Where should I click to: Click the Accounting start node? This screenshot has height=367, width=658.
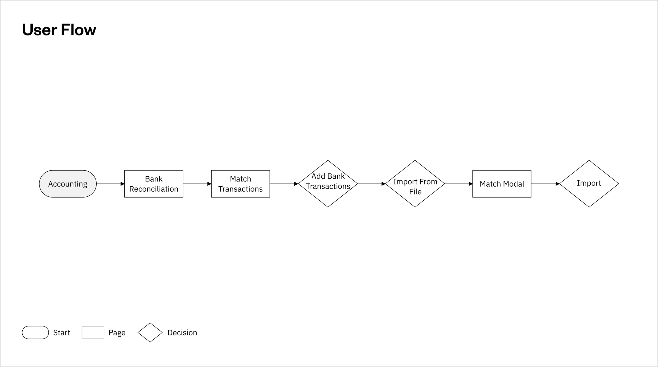point(68,184)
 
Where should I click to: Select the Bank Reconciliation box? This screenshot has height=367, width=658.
point(154,184)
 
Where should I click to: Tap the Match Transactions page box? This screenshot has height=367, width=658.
point(240,184)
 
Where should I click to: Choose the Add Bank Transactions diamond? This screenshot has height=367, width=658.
point(328,184)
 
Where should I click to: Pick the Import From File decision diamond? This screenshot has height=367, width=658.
point(415,184)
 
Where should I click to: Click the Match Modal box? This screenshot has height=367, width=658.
point(502,184)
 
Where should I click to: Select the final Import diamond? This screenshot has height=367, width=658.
point(589,184)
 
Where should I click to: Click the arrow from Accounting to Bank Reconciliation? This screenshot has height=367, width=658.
point(110,184)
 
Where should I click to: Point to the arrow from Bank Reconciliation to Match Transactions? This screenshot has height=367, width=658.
point(197,184)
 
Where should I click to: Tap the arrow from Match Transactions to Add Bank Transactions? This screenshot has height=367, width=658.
point(284,184)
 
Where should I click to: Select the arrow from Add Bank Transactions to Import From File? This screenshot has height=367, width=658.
point(371,184)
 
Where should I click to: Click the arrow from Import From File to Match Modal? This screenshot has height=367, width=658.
point(458,184)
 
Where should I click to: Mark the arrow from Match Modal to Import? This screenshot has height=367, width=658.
point(545,184)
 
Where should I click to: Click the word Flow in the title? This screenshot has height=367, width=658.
point(78,30)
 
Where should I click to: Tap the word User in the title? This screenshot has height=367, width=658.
point(39,30)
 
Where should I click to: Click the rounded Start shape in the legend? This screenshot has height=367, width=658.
point(35,333)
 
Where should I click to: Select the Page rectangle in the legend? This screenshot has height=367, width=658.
point(93,333)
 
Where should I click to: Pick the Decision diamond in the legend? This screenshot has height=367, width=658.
point(150,333)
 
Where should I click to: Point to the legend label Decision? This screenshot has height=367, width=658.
point(182,333)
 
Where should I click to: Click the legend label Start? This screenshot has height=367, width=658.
point(62,333)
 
